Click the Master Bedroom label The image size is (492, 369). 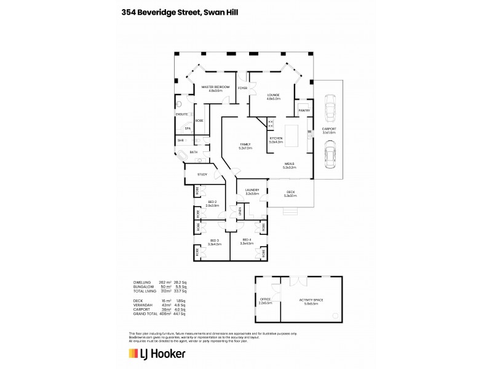tap(215, 87)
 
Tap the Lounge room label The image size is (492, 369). tap(274, 95)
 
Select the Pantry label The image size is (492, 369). tap(304, 111)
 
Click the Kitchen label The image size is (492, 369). tap(276, 138)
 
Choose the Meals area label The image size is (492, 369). tap(290, 163)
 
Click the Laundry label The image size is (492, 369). tap(252, 190)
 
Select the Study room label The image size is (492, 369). tap(202, 175)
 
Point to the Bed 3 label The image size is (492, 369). tap(214, 240)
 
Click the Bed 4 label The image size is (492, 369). tap(247, 240)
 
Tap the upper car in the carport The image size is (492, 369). tap(330, 108)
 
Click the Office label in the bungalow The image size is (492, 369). tap(266, 300)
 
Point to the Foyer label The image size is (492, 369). tap(243, 88)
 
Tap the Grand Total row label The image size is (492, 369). tap(145, 314)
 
